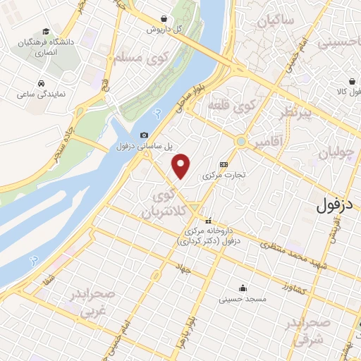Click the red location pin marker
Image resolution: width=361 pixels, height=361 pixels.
[x=182, y=166]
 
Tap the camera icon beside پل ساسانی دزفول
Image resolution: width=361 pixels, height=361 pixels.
[x=144, y=135]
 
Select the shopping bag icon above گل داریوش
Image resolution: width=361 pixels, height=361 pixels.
[x=164, y=19]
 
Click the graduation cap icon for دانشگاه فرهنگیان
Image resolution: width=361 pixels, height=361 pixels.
[x=46, y=31]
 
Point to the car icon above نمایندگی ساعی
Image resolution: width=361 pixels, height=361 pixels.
[x=42, y=82]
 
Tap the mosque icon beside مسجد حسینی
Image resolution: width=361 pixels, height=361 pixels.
[x=243, y=288]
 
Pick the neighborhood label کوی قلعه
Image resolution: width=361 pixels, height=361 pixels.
[x=229, y=107]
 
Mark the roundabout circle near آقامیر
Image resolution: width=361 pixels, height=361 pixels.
[x=242, y=141]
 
